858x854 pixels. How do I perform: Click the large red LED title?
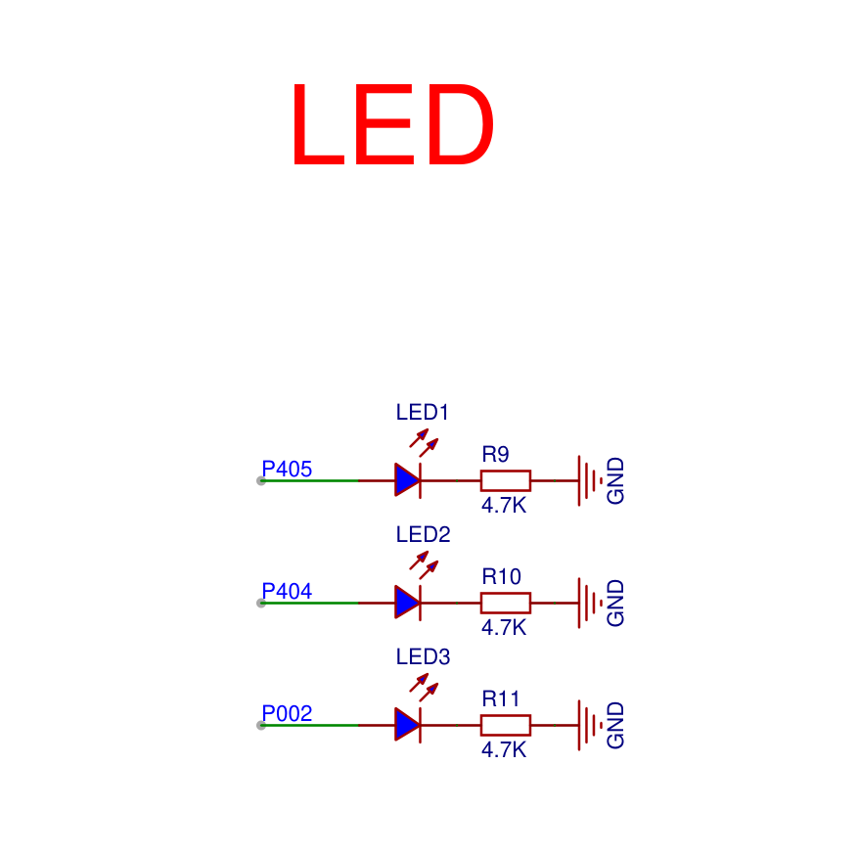393,124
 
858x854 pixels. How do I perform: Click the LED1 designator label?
422,413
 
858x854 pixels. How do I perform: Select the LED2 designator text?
423,534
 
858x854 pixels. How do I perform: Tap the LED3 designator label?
423,656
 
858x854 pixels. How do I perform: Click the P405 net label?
287,469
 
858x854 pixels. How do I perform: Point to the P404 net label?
287,591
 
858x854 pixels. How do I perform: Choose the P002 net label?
287,713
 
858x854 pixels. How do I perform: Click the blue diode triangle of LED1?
406,480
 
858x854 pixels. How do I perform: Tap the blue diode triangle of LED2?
406,603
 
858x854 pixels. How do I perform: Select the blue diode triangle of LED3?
406,725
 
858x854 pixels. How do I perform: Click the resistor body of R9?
506,480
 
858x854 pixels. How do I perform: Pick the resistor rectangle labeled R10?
506,603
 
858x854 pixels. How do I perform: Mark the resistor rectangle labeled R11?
506,725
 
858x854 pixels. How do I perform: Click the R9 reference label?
495,454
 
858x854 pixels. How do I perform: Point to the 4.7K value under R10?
504,627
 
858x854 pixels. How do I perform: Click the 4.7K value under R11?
504,749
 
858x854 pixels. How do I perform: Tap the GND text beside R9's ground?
615,481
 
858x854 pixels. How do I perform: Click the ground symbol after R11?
589,725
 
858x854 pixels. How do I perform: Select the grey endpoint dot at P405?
261,481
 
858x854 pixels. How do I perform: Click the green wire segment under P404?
310,603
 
